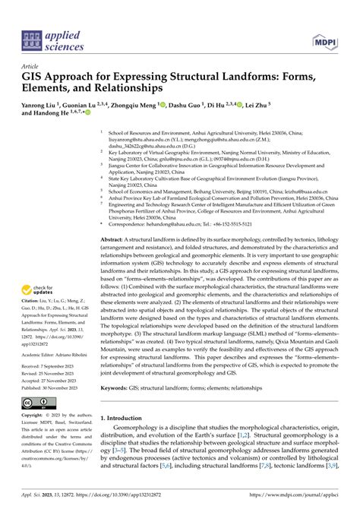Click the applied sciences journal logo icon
click(33, 40)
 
